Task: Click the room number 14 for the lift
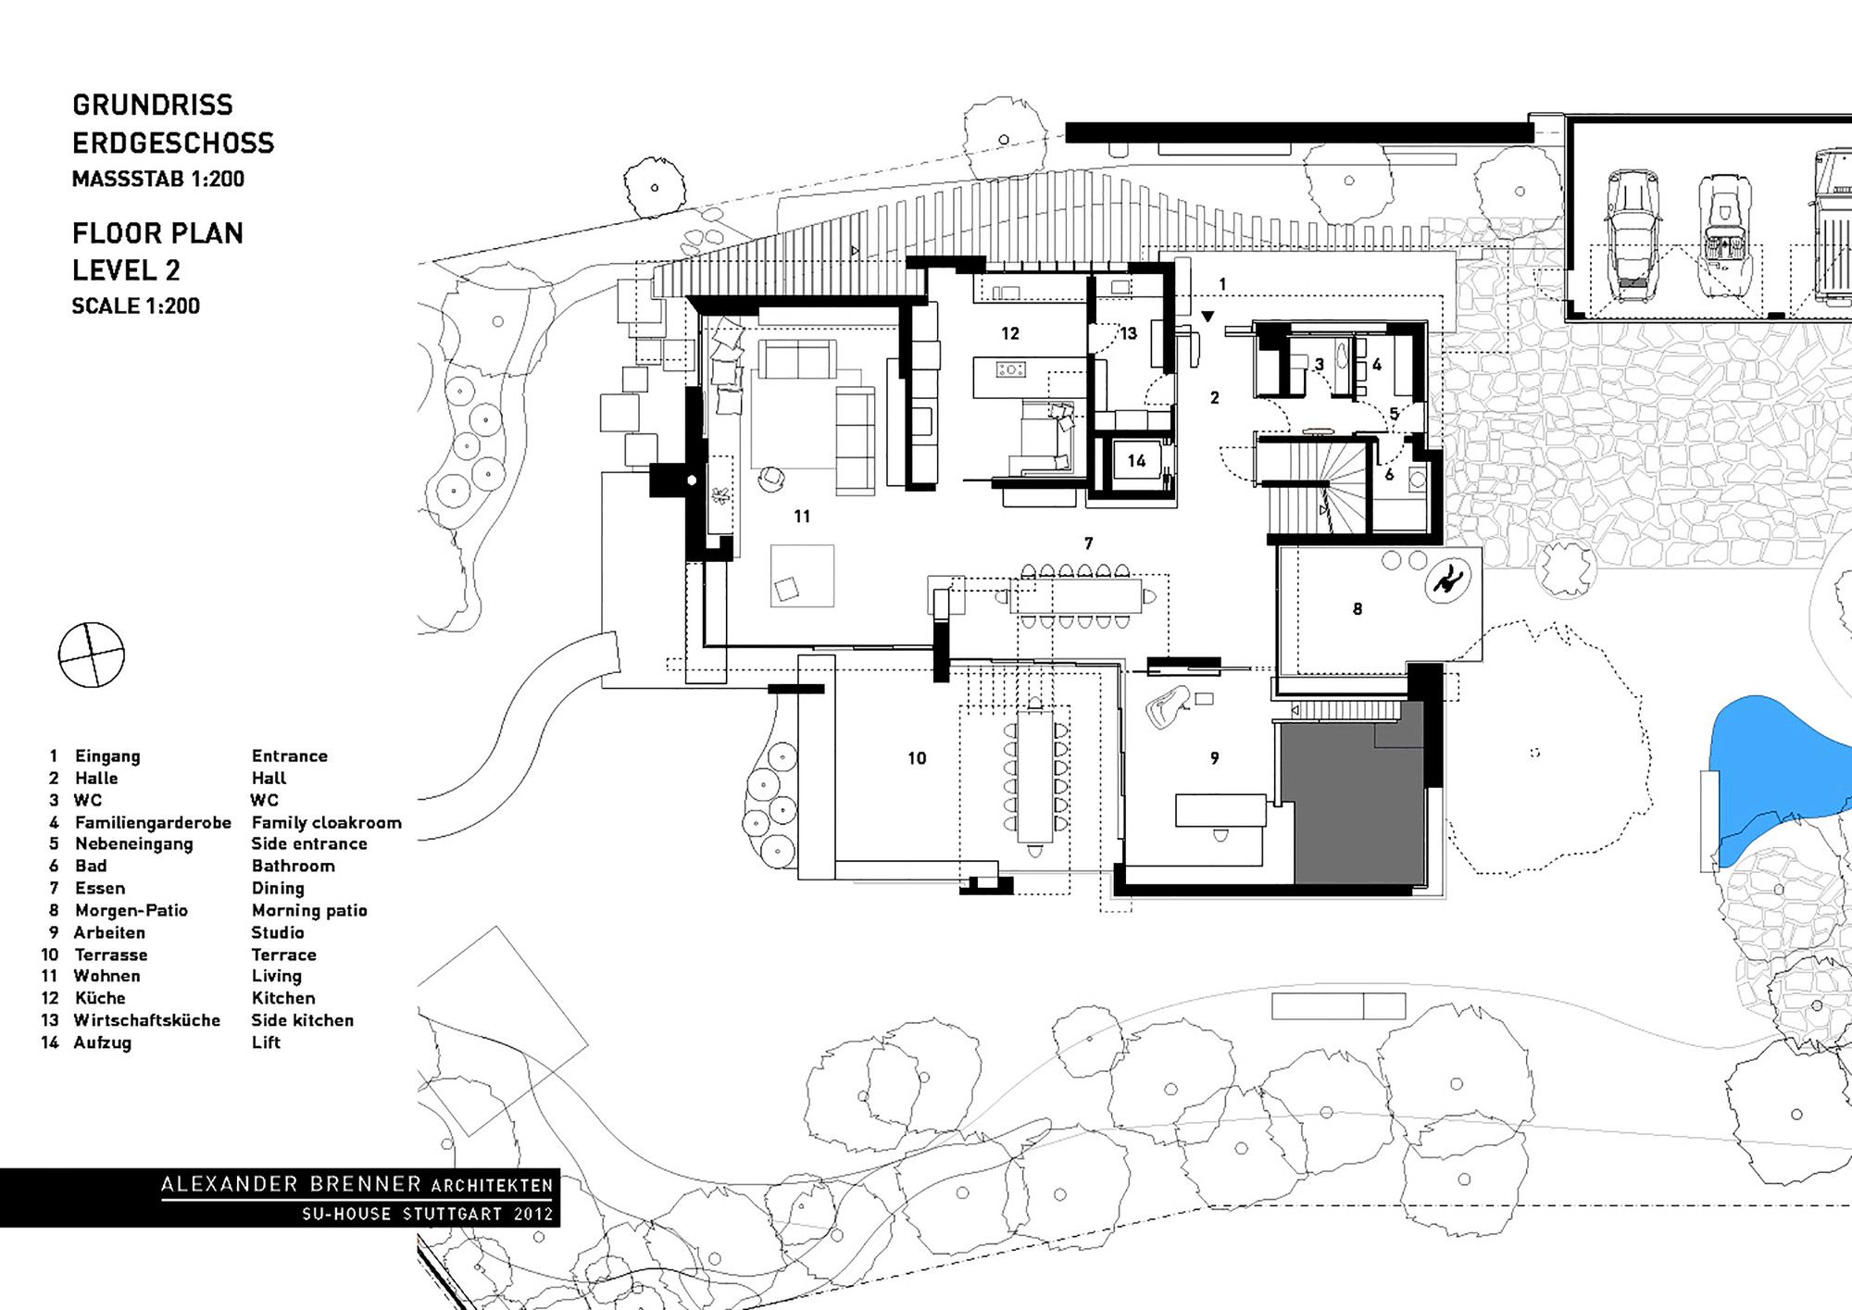[x=1136, y=461]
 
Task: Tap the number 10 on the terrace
[x=917, y=758]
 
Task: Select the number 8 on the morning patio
[x=1358, y=609]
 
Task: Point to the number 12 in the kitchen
[x=1010, y=333]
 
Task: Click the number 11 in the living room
[x=802, y=517]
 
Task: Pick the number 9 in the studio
[x=1215, y=758]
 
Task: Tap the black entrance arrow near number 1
[x=1208, y=317]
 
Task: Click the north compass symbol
[x=91, y=655]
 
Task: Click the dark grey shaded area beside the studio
[x=1352, y=801]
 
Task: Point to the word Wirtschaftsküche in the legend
[x=147, y=1020]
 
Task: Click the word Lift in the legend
[x=266, y=1042]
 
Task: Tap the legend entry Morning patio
[x=309, y=910]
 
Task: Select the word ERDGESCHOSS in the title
[x=173, y=143]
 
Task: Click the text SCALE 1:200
[x=136, y=306]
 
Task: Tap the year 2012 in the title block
[x=533, y=1214]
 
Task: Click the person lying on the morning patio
[x=1447, y=581]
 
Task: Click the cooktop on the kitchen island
[x=1010, y=369]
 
